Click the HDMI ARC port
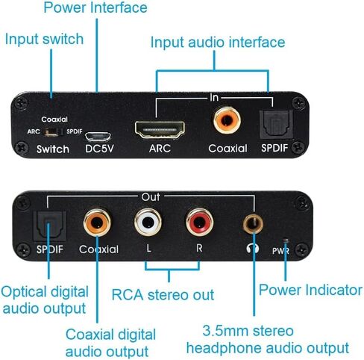pos(161,129)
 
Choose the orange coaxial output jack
pos(97,222)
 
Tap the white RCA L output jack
pos(148,222)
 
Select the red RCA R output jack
pos(198,222)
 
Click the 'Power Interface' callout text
pos(95,8)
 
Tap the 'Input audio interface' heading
pos(217,42)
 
